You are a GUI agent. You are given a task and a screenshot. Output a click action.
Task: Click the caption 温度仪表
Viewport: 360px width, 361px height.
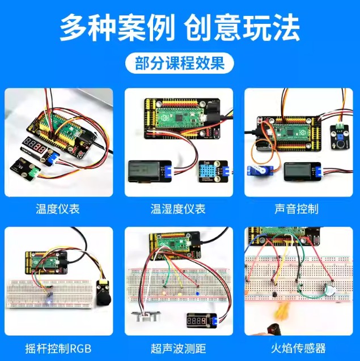tap(58, 209)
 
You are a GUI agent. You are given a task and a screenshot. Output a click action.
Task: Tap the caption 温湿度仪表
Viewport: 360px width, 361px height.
tap(178, 209)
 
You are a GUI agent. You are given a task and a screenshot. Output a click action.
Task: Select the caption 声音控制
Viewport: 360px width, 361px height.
tap(296, 209)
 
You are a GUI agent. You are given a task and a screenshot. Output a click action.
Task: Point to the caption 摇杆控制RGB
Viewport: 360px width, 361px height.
tap(58, 349)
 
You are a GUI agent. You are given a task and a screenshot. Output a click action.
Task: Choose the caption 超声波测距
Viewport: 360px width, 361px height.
tap(178, 349)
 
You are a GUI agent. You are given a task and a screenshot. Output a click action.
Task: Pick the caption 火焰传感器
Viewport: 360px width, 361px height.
tap(298, 349)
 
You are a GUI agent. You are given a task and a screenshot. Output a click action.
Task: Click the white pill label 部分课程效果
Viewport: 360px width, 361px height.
tap(179, 63)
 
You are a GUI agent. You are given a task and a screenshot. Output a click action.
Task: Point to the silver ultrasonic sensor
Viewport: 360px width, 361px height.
tap(146, 316)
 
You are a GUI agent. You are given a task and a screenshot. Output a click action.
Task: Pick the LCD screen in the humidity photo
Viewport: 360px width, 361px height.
tap(145, 171)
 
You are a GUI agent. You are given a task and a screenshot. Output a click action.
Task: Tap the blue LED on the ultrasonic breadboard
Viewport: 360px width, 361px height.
tap(197, 294)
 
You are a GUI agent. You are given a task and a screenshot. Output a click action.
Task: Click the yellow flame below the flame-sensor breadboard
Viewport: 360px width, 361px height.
tap(282, 311)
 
